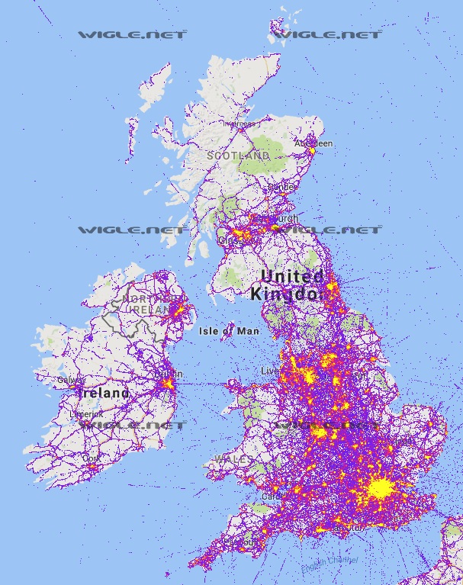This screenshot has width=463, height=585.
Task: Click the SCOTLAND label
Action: (237, 156)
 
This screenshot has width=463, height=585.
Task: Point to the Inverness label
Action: (240, 124)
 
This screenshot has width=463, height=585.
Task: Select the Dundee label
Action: (281, 186)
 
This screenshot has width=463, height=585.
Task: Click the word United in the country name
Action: (292, 276)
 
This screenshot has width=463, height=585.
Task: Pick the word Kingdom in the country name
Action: (288, 294)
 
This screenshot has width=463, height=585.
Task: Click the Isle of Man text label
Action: (229, 331)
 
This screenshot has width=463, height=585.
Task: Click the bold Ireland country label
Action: (104, 393)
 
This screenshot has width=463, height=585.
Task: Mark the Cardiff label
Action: (272, 495)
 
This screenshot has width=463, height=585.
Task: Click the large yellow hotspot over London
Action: (381, 488)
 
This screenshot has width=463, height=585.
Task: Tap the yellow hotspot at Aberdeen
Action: (311, 151)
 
